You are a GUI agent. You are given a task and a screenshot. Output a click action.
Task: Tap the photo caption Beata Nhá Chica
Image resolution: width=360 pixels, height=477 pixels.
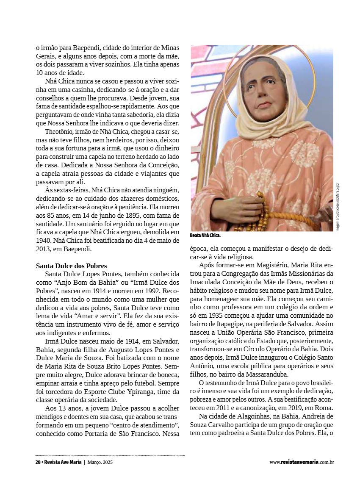point(205,236)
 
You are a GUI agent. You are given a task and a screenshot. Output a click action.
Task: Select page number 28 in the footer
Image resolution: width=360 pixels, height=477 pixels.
point(38,462)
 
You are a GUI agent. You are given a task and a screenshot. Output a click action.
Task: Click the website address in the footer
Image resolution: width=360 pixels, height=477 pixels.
point(302,462)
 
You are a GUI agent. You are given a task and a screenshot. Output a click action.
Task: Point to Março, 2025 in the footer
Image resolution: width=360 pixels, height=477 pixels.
point(100,462)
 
